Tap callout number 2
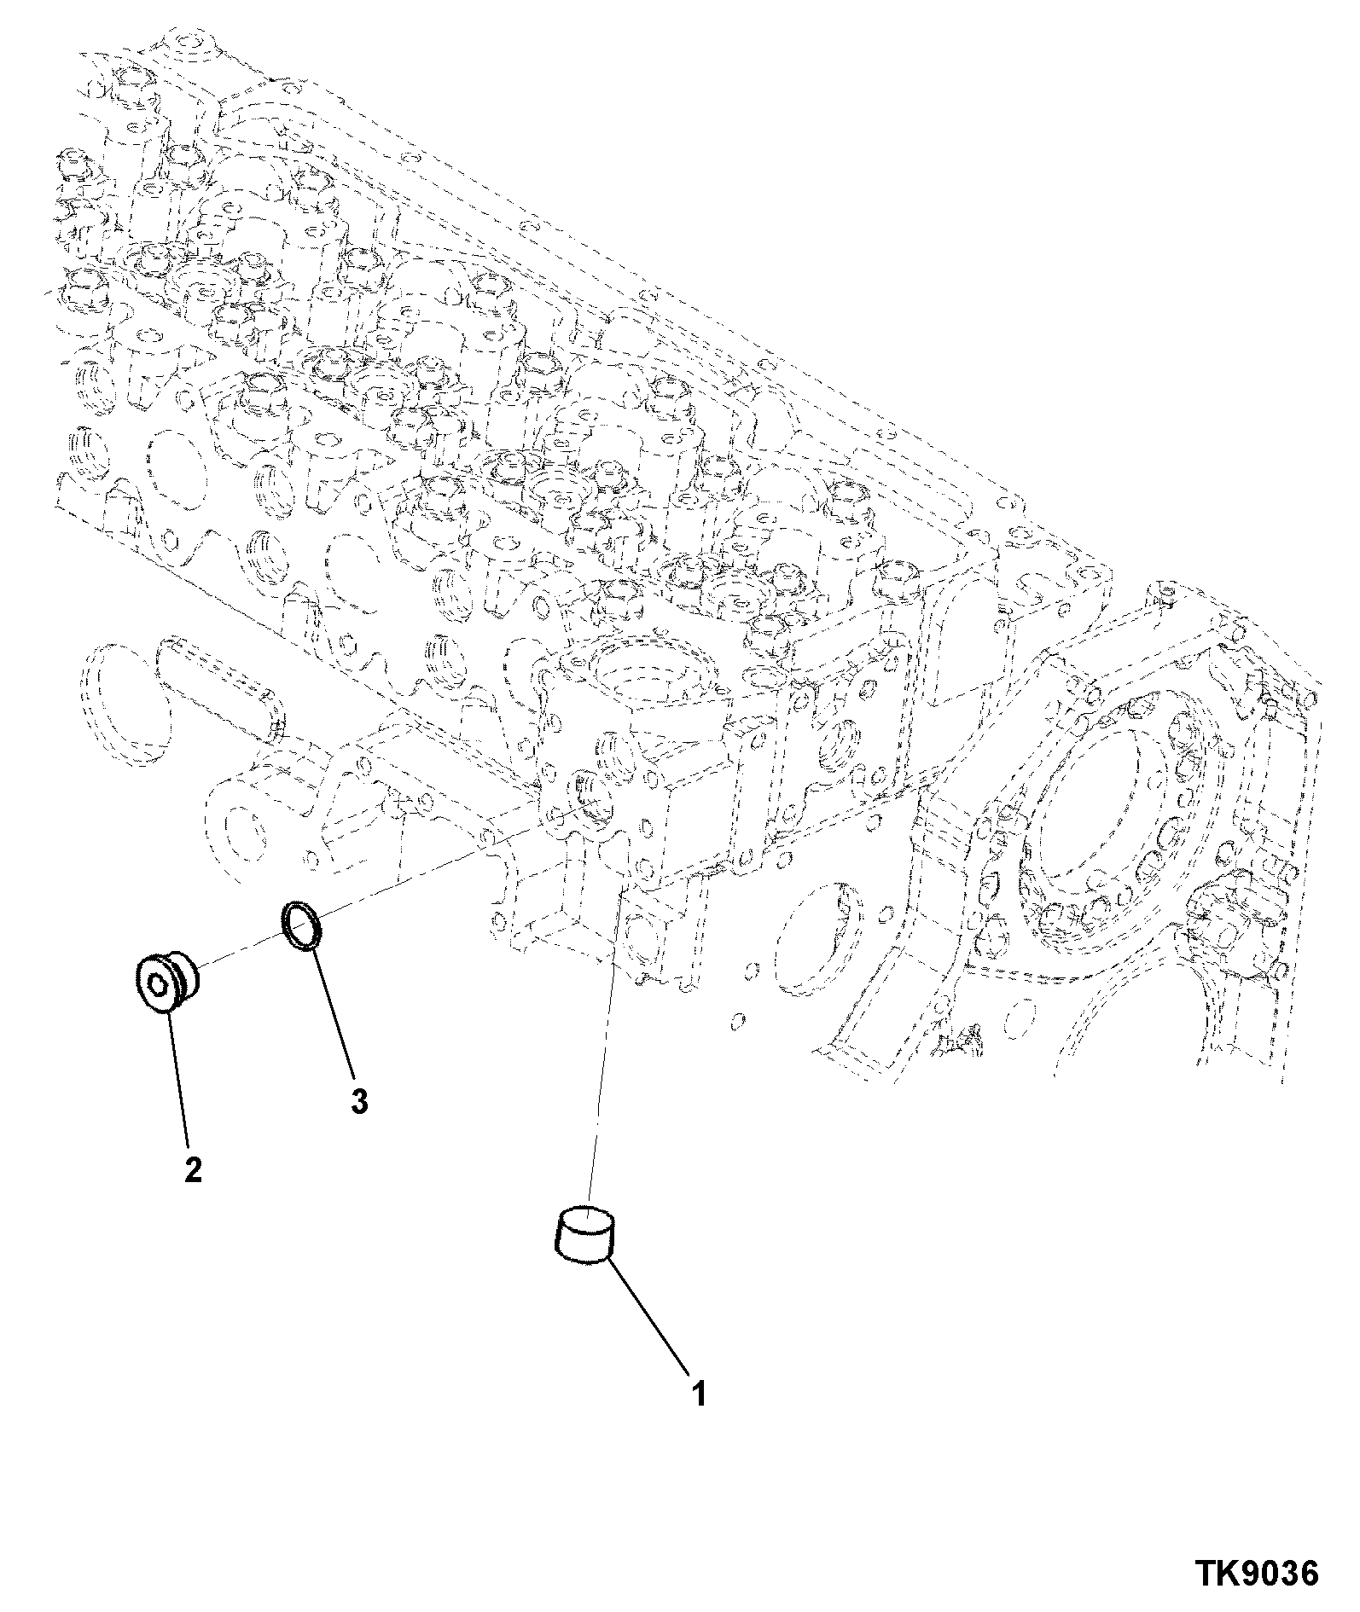(x=194, y=1169)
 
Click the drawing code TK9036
(x=1256, y=1572)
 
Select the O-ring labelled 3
(x=302, y=925)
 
